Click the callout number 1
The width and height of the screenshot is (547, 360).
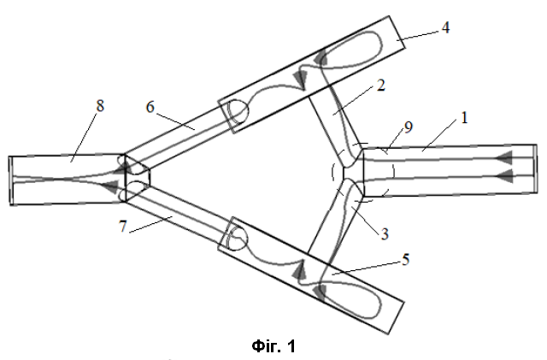tap(464, 118)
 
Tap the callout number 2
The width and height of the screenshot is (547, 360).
tap(381, 86)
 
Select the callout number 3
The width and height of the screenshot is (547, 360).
tap(385, 234)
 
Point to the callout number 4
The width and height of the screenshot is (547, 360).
tap(445, 28)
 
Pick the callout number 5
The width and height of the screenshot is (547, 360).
tap(405, 260)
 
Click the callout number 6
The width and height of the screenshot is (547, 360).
tap(150, 107)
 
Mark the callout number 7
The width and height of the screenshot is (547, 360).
tap(122, 227)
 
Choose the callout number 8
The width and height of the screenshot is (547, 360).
tap(100, 106)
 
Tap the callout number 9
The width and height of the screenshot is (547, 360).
tap(409, 127)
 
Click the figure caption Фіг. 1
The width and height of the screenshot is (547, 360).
tap(273, 346)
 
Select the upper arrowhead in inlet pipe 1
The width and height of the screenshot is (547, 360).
tap(504, 158)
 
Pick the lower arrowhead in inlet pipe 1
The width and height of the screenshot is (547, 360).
tap(504, 176)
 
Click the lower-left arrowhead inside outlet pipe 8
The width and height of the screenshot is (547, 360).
tap(110, 186)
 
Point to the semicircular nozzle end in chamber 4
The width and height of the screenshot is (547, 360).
tap(238, 112)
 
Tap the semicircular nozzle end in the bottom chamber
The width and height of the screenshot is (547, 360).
tap(238, 238)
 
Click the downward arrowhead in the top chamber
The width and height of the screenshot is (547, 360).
tap(301, 80)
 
